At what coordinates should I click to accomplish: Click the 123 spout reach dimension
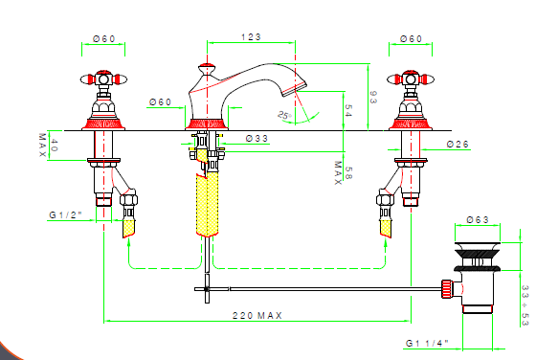251,37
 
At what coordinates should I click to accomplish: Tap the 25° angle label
284,115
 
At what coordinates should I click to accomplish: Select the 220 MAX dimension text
257,315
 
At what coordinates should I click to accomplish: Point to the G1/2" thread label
66,215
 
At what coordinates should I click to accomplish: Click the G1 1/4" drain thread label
427,343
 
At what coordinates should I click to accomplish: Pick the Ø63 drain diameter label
478,219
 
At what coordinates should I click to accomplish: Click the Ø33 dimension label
257,139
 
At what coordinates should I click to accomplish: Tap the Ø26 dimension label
458,145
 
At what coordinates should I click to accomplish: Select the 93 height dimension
373,97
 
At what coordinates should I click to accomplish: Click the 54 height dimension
348,111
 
